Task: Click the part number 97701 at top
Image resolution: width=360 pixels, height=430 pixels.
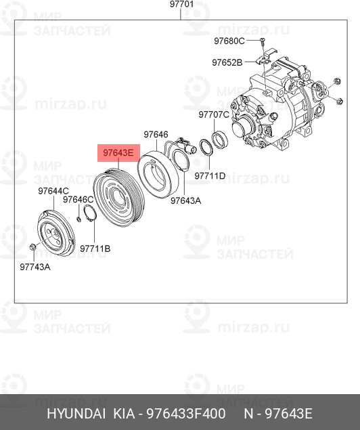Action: click(x=181, y=5)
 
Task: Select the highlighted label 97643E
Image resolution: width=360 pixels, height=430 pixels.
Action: click(x=118, y=154)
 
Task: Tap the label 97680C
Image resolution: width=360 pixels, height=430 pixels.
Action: click(x=228, y=41)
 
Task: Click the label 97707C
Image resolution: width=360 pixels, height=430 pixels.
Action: click(x=213, y=114)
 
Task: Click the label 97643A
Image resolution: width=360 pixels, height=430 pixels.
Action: click(x=185, y=200)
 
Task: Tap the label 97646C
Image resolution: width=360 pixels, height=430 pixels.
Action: click(x=78, y=200)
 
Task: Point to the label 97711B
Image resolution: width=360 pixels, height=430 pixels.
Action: click(x=95, y=249)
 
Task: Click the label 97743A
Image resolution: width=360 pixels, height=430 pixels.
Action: click(x=35, y=267)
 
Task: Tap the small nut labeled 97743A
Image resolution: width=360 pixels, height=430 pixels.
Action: click(x=33, y=246)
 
